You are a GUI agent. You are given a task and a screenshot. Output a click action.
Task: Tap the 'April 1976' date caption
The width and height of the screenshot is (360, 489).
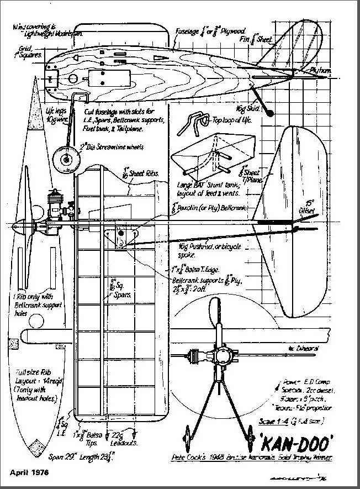(x=29, y=473)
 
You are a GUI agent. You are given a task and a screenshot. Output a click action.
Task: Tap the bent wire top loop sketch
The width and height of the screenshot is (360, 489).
(x=190, y=122)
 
